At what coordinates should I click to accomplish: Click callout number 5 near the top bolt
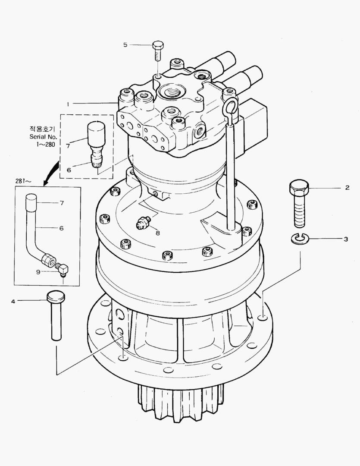(x=125, y=44)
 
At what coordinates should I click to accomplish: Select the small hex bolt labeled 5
(x=157, y=51)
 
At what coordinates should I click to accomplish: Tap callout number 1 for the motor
(x=68, y=104)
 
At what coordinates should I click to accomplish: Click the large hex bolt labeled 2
(x=299, y=204)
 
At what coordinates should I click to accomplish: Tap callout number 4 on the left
(x=13, y=301)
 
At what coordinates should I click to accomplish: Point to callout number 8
(x=157, y=233)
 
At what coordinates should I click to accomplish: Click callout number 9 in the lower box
(x=38, y=272)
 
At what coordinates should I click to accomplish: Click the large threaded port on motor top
(x=172, y=91)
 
